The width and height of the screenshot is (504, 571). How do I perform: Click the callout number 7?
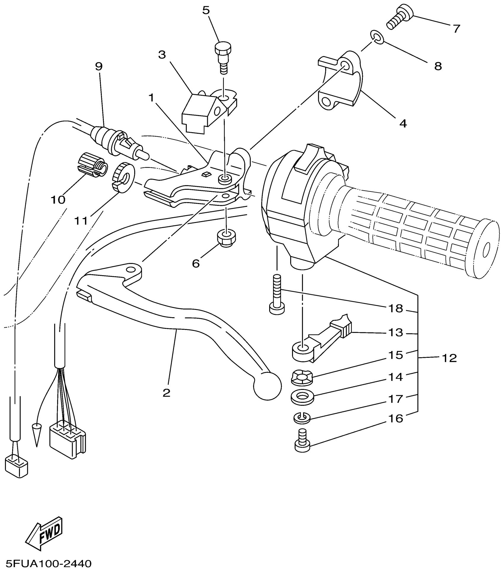click(456, 29)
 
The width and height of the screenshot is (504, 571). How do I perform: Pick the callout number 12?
click(449, 358)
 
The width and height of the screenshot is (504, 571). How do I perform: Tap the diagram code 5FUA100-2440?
click(46, 563)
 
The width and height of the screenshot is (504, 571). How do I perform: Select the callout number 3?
click(162, 55)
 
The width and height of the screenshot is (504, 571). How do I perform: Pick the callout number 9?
click(99, 66)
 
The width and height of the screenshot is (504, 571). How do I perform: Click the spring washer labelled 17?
click(302, 418)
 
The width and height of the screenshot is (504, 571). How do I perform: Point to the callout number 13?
click(396, 333)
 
